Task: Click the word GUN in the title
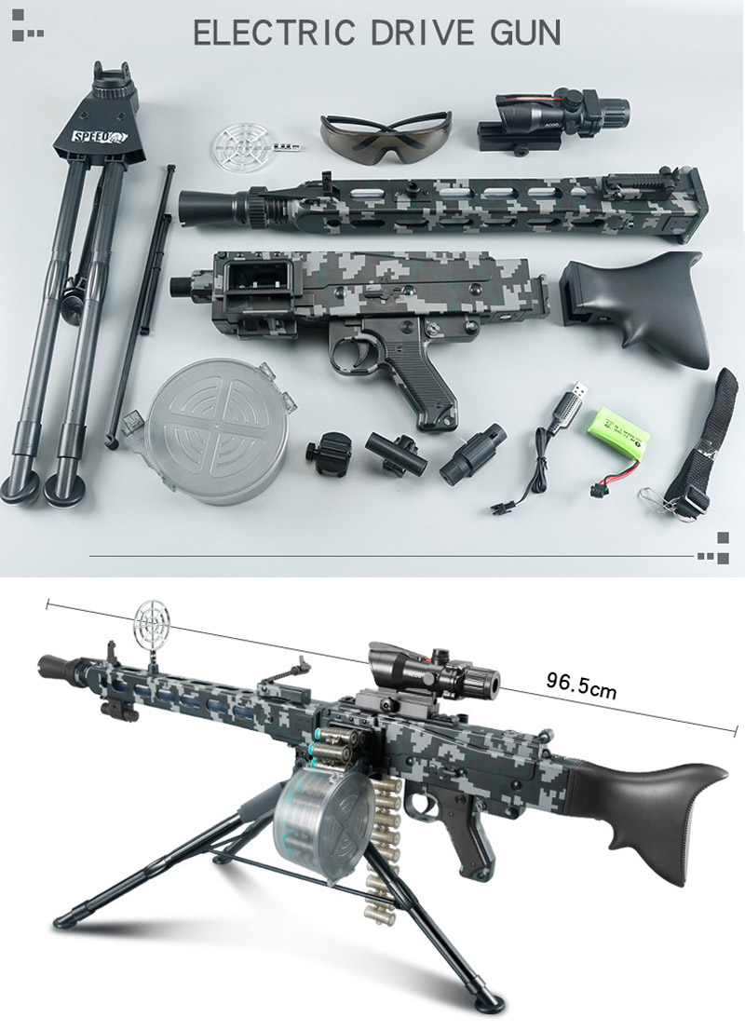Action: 525,33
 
